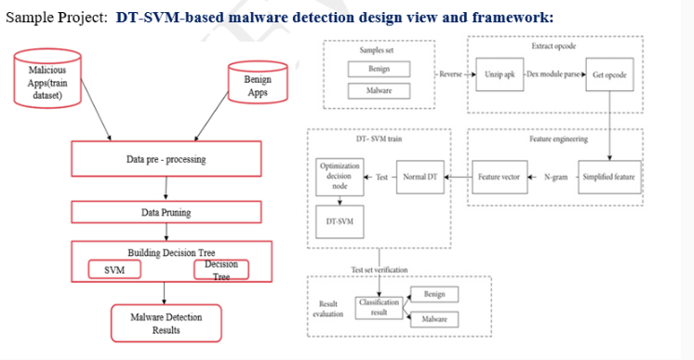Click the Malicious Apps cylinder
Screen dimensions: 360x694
(x=47, y=79)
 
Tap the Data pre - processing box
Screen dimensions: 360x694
(x=166, y=160)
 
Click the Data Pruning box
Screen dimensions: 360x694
(x=166, y=212)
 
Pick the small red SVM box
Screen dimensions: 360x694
(x=114, y=270)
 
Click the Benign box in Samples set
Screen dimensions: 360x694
(x=379, y=70)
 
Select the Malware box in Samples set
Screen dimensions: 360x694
(x=379, y=90)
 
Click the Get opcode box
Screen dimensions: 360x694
(x=609, y=74)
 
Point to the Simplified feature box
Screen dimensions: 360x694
(x=608, y=176)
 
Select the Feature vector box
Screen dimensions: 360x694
(x=498, y=176)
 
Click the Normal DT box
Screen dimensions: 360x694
(x=420, y=176)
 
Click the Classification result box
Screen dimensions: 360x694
(x=379, y=307)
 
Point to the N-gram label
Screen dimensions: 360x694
(x=555, y=176)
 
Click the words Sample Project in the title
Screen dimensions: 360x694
(x=55, y=17)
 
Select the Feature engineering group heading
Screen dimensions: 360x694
(x=558, y=139)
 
